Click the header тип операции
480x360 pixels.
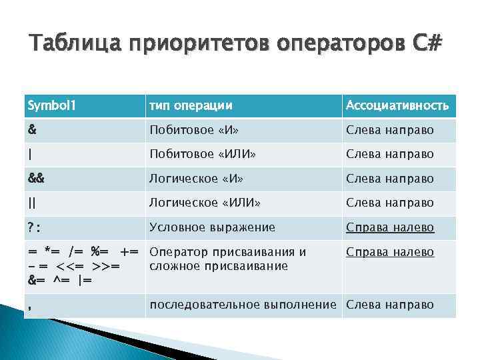(191, 105)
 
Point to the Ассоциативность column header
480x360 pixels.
(397, 105)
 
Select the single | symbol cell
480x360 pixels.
(30, 154)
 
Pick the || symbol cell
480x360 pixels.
(32, 203)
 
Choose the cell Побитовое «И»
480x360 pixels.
(194, 129)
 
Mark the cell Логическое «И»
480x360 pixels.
(195, 179)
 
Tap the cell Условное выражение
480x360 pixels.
(212, 227)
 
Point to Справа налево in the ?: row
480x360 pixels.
(389, 227)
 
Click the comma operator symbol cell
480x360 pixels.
(30, 305)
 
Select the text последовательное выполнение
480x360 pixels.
(243, 305)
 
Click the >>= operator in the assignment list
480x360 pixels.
(105, 266)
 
